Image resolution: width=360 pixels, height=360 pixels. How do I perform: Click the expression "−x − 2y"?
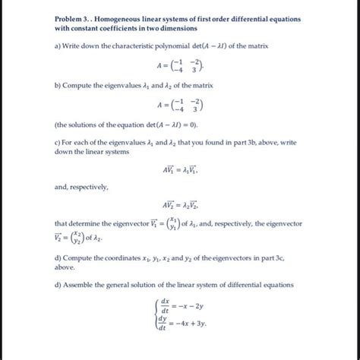coord(195,310)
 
